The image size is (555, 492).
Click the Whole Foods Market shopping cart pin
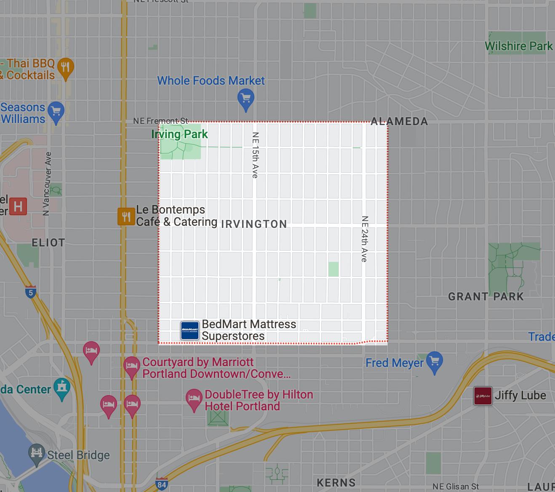point(245,99)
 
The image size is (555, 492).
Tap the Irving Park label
point(179,134)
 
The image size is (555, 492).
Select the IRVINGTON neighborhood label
point(253,224)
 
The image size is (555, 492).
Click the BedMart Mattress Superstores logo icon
point(189,330)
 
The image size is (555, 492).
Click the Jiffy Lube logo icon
point(483,396)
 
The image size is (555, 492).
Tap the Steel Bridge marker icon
point(37,454)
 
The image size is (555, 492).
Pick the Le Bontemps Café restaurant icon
point(125,217)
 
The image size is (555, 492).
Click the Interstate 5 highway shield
point(30,292)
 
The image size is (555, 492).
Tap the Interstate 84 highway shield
point(162,484)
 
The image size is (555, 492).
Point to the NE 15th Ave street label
point(255,155)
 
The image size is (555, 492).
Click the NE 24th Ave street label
point(365,239)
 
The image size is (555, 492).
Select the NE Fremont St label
point(160,121)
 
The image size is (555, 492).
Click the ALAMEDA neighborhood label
point(399,122)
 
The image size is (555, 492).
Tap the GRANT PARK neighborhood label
point(486,297)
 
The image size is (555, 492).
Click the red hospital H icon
point(18,207)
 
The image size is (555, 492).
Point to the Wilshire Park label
point(519,46)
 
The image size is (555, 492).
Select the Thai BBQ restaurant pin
point(65,67)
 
